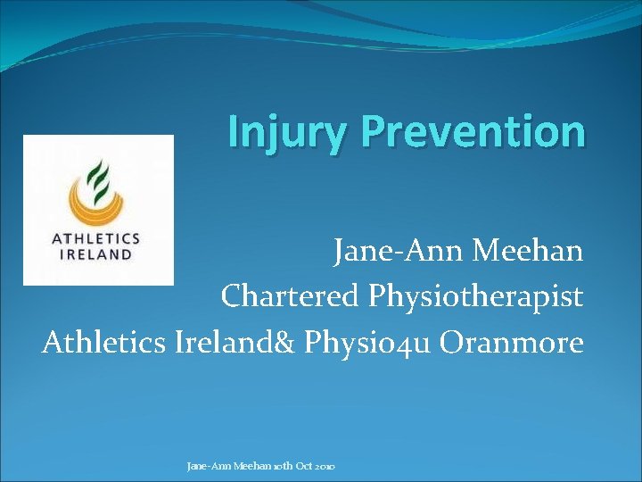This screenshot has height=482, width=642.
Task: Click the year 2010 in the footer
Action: click(323, 467)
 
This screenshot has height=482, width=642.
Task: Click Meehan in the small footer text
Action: click(249, 467)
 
